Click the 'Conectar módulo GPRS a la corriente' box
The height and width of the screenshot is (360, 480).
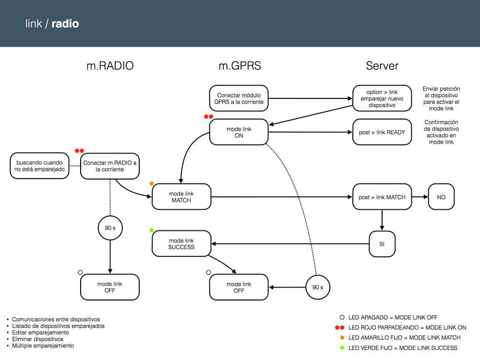(x=239, y=98)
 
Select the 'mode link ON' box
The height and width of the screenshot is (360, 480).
(x=239, y=132)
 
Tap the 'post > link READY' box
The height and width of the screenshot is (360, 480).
(x=382, y=132)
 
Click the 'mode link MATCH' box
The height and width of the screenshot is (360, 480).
(x=181, y=197)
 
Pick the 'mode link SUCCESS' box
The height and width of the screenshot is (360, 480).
(x=181, y=244)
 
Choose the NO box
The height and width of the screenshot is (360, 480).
(x=441, y=197)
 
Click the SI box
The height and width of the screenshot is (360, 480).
(x=382, y=244)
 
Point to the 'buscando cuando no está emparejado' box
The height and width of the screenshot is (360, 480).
(x=39, y=166)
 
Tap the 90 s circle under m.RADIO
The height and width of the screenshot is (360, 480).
(x=110, y=228)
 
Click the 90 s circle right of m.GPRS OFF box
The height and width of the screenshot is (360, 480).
(x=318, y=287)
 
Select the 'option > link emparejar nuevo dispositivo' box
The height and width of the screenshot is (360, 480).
(x=382, y=98)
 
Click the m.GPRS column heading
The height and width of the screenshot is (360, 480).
(x=240, y=66)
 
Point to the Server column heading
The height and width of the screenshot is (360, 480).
(x=382, y=66)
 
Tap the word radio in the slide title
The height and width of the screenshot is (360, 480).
(x=65, y=24)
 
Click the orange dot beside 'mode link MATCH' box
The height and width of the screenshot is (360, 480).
(x=152, y=184)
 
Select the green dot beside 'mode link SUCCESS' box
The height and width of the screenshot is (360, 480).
(x=152, y=230)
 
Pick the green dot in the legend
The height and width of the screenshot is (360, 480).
(x=342, y=348)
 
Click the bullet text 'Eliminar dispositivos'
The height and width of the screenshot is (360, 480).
(x=37, y=339)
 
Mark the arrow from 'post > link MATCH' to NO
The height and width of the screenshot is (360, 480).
(x=420, y=197)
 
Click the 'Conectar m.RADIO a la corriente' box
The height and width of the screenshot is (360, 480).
(x=110, y=166)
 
